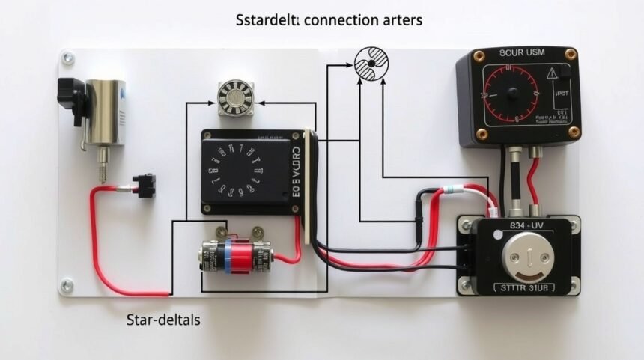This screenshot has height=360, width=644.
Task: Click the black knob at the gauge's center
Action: tap(513, 94)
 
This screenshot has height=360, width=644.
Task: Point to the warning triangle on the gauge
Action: tap(553, 73)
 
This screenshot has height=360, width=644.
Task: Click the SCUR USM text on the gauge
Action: tap(519, 53)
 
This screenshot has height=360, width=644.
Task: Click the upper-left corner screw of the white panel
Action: tap(67, 58)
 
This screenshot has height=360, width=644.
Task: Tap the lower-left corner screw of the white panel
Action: tap(67, 285)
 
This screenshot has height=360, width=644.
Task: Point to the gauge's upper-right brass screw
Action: tap(571, 54)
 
